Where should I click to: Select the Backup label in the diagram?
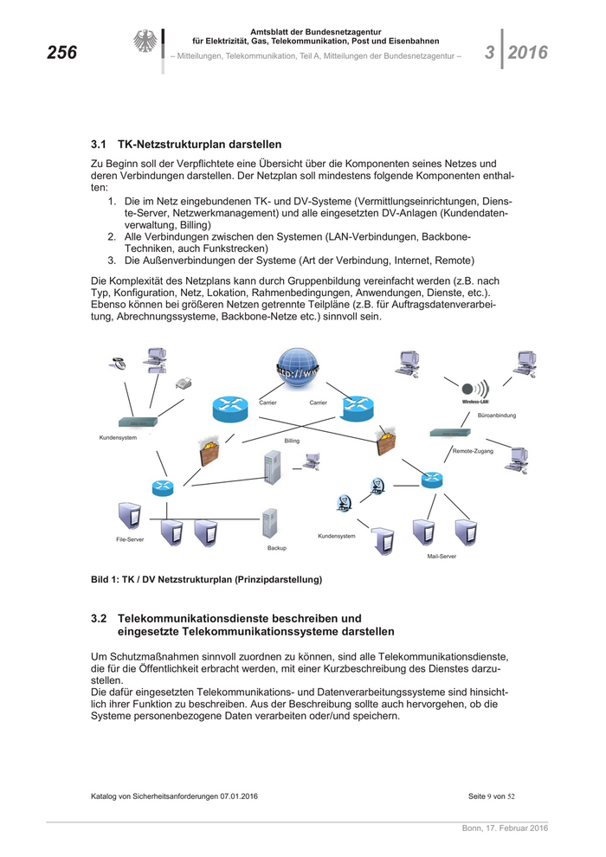tap(277, 548)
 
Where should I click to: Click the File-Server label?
tap(130, 539)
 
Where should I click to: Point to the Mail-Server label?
tap(442, 556)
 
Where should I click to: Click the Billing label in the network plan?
tap(292, 441)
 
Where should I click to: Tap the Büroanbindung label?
tap(497, 416)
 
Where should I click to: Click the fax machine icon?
tap(183, 383)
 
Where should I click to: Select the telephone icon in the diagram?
tap(116, 364)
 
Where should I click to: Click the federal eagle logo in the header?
tap(144, 42)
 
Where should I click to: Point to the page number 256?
tap(61, 54)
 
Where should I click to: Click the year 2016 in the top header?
tap(527, 53)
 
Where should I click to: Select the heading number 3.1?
tap(98, 144)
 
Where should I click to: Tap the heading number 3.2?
tap(98, 619)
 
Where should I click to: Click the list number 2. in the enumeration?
tap(113, 236)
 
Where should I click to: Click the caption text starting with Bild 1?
tap(206, 579)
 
